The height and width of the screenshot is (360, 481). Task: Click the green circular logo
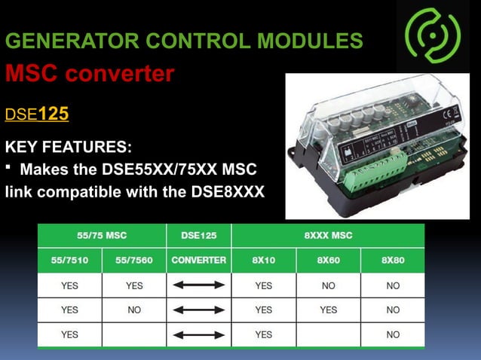coord(432,35)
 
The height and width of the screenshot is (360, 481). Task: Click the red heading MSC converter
coord(90,74)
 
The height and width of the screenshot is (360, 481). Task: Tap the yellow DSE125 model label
coord(37,114)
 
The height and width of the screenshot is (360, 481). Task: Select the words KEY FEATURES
coord(68,145)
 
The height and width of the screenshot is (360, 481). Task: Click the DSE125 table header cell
coord(199,235)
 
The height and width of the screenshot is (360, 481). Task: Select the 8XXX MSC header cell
coord(328,235)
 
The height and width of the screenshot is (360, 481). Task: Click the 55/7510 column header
coord(69,261)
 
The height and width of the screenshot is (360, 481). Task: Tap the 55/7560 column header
coord(134,261)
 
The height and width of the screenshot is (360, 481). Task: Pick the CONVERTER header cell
coord(199,261)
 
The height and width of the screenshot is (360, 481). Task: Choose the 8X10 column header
coord(263,261)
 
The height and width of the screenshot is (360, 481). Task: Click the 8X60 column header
coord(328,261)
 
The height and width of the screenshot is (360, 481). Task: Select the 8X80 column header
coord(393,261)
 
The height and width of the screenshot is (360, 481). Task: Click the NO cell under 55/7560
coord(134,310)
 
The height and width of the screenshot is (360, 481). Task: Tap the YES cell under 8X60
coord(328,310)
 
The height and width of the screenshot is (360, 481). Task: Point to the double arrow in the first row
coord(199,285)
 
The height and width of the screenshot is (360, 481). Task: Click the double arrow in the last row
coord(199,334)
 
